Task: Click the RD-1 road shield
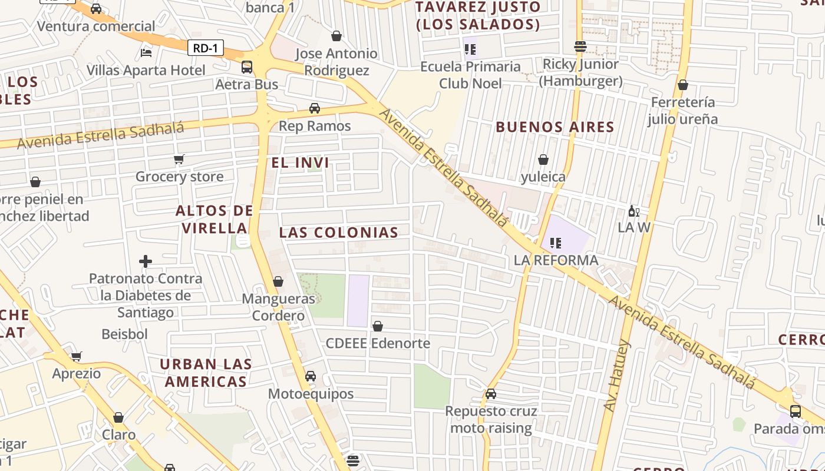tap(206, 48)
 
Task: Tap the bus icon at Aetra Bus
tap(247, 67)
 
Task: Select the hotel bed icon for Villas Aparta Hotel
tap(146, 53)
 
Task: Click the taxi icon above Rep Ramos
tap(315, 108)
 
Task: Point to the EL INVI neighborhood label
tap(301, 162)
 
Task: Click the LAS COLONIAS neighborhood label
tap(339, 233)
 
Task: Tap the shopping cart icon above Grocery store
tap(179, 159)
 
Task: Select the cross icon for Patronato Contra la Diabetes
tap(146, 261)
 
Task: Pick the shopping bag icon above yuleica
tap(543, 160)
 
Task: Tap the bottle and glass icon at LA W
tap(633, 211)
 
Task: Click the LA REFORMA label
tap(556, 260)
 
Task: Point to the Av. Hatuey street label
tap(618, 375)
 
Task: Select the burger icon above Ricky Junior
tap(580, 47)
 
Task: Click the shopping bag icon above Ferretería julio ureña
tap(683, 85)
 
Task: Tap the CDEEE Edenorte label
tap(378, 343)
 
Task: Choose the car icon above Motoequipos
tap(311, 376)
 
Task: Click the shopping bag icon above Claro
tap(118, 417)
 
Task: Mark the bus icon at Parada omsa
tap(796, 411)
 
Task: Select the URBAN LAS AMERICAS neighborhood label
tap(206, 373)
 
